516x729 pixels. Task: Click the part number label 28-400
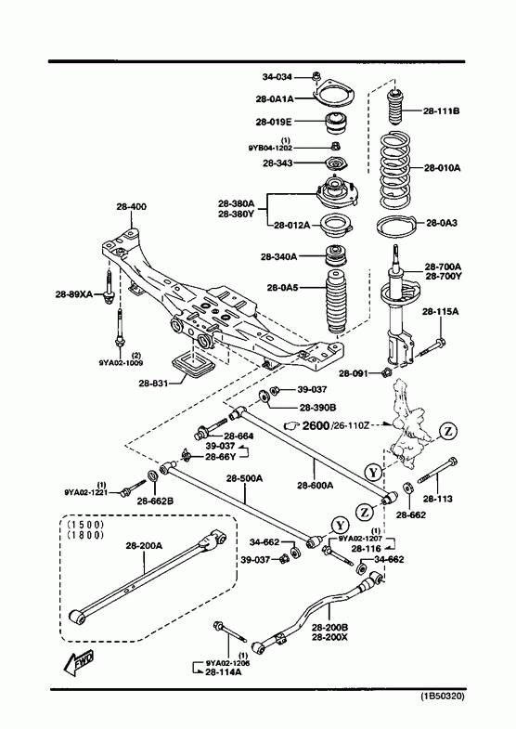click(132, 206)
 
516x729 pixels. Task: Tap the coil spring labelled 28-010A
click(395, 171)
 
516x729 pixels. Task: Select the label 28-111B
click(441, 111)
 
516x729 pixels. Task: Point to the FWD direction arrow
click(79, 661)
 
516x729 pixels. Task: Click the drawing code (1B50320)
click(443, 696)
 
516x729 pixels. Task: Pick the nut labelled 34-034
click(316, 77)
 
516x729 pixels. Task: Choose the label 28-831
click(153, 384)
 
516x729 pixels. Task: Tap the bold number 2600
click(316, 425)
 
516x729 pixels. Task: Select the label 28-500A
click(245, 478)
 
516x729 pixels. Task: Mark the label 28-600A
click(316, 486)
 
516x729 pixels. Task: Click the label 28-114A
click(223, 671)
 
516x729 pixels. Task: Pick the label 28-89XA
click(74, 293)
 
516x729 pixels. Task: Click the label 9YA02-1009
click(121, 362)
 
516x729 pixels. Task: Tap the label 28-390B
click(317, 408)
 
